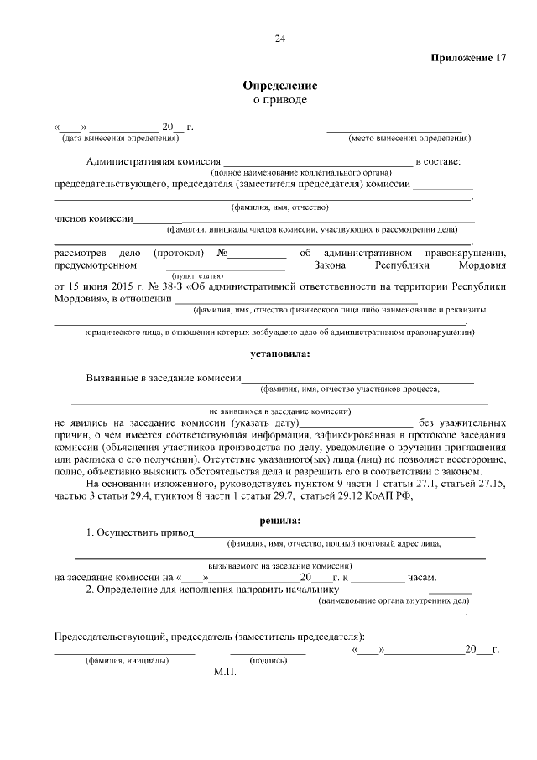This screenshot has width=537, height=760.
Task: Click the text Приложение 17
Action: [x=469, y=58]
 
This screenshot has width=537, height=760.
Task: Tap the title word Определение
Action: [x=280, y=86]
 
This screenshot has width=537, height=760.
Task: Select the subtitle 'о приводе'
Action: [x=280, y=100]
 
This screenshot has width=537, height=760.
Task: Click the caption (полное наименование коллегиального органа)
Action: [x=295, y=171]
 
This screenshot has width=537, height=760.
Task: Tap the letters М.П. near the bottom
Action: [x=226, y=673]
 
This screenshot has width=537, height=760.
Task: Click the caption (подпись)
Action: [x=268, y=661]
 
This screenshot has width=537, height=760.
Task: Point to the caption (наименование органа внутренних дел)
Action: [x=393, y=601]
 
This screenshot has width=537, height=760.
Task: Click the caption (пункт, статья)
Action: [x=197, y=275]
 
